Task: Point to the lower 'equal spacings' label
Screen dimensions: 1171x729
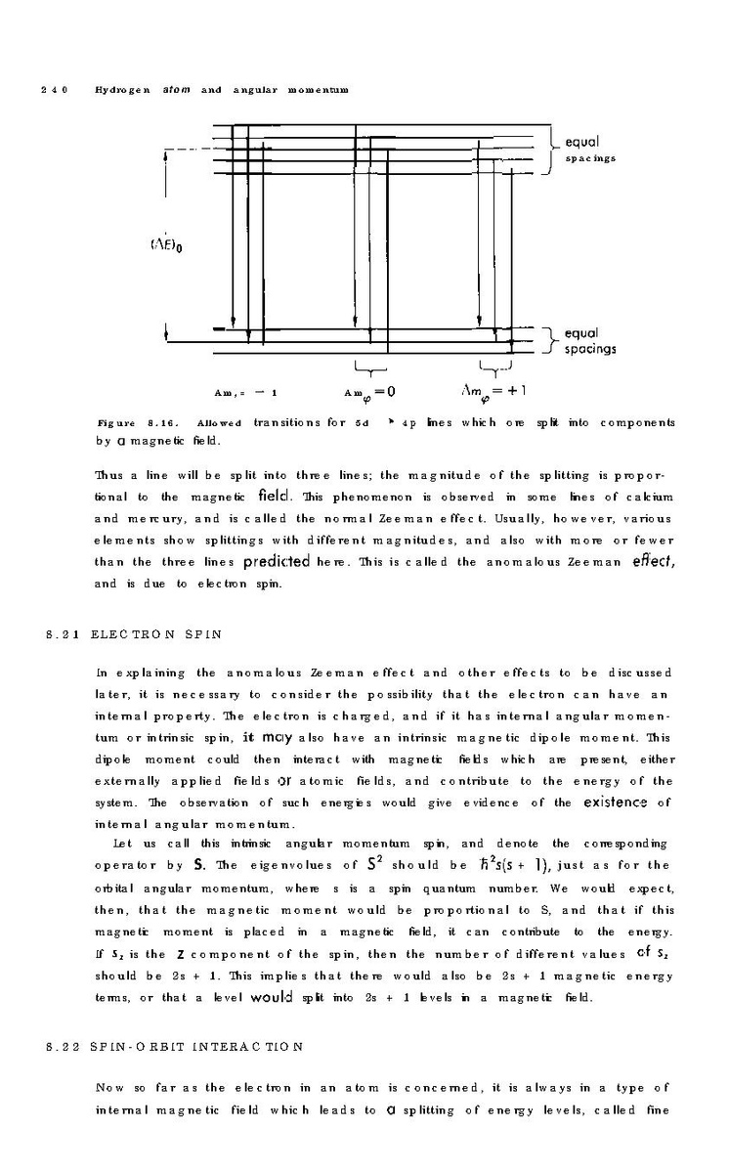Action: click(x=589, y=340)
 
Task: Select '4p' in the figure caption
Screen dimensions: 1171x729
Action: click(x=407, y=423)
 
